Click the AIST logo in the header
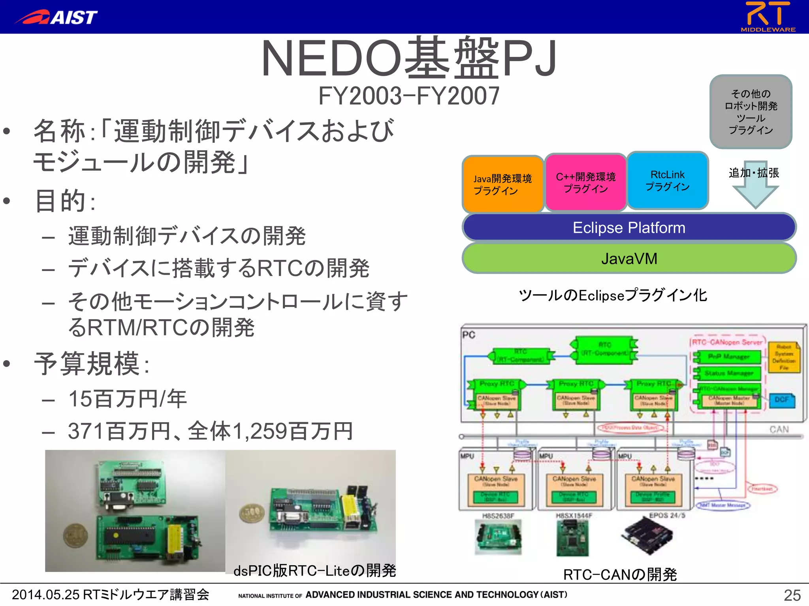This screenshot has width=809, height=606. [56, 17]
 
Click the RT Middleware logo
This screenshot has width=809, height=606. [768, 17]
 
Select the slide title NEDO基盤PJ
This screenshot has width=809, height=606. [409, 58]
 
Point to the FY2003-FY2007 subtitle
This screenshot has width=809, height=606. [409, 96]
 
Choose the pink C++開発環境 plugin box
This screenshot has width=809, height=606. [585, 182]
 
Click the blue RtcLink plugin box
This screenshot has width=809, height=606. [668, 181]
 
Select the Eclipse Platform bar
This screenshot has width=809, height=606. [629, 228]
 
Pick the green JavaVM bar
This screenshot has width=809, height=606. [629, 258]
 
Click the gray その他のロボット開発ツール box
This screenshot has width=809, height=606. [751, 112]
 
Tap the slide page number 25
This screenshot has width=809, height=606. [792, 595]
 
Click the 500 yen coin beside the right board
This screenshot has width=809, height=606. [252, 514]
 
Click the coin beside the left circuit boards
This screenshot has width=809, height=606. [76, 535]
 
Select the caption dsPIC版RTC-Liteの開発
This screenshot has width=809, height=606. [314, 570]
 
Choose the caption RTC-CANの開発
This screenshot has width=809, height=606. [620, 574]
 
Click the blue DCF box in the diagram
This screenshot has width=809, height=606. [781, 400]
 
